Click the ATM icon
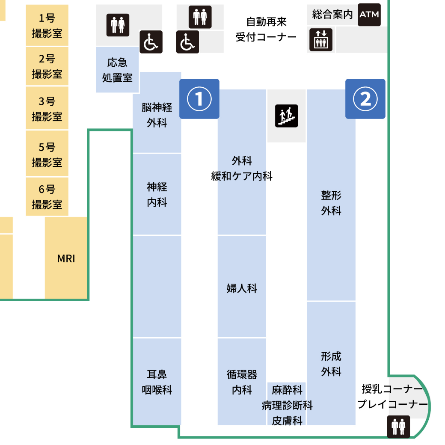369,15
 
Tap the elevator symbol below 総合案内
320,39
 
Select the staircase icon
286,116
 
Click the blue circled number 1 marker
199,99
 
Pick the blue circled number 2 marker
365,99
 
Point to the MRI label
66,258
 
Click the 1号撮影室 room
47,26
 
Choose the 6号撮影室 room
47,197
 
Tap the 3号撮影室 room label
47,109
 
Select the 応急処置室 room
117,70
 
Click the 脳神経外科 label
157,115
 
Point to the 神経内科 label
157,195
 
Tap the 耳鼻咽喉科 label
157,382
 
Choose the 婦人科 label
242,288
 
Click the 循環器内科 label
242,382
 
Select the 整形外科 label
331,203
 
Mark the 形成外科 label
331,364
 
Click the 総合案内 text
332,15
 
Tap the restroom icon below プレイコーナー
398,426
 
